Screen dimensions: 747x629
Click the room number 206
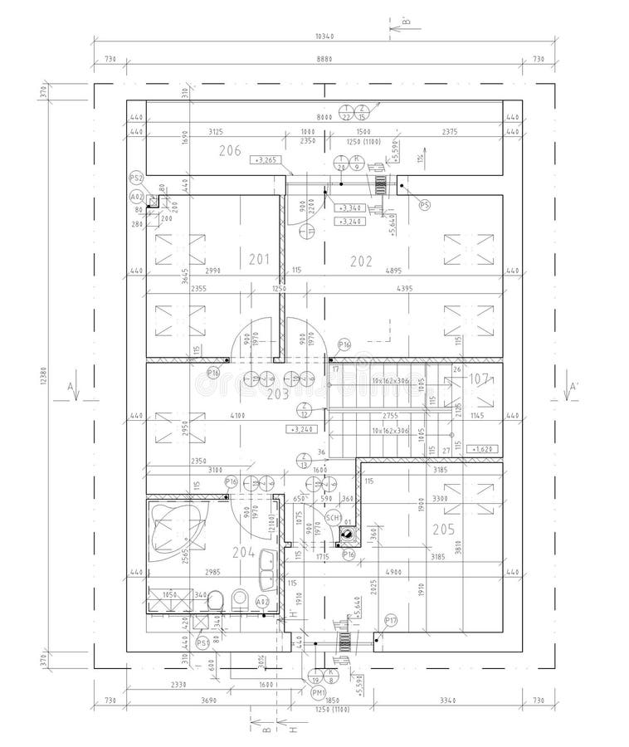230,150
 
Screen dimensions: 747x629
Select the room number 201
260,260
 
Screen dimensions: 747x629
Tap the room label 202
361,261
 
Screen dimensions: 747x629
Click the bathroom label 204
242,552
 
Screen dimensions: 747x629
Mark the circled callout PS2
137,178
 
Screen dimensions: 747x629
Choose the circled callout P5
425,203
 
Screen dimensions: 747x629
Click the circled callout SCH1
333,518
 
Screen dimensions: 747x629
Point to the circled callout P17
391,620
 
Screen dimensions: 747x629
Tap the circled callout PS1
202,642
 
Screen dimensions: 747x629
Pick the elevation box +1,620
482,448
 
